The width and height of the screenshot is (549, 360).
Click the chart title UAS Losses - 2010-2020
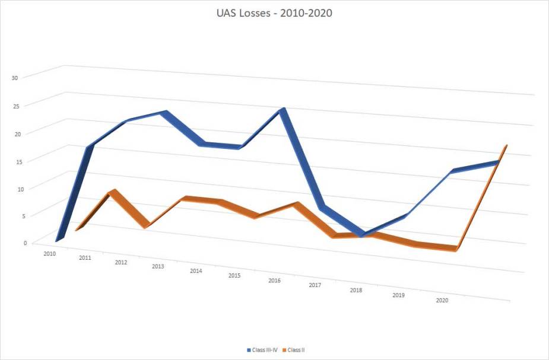coord(274,13)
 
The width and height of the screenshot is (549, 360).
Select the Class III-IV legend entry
coord(262,350)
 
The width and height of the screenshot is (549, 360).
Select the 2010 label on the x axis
coord(49,253)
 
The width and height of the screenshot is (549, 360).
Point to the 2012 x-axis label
coord(121,262)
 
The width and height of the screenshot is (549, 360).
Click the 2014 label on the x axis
coord(196,271)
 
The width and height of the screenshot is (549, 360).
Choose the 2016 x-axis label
coord(274,280)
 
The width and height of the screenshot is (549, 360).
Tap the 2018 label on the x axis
coord(356,290)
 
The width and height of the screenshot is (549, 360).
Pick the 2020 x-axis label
coord(442,301)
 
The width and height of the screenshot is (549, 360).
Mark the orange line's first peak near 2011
coord(113,192)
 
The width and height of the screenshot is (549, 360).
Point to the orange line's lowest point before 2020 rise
coord(455,249)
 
